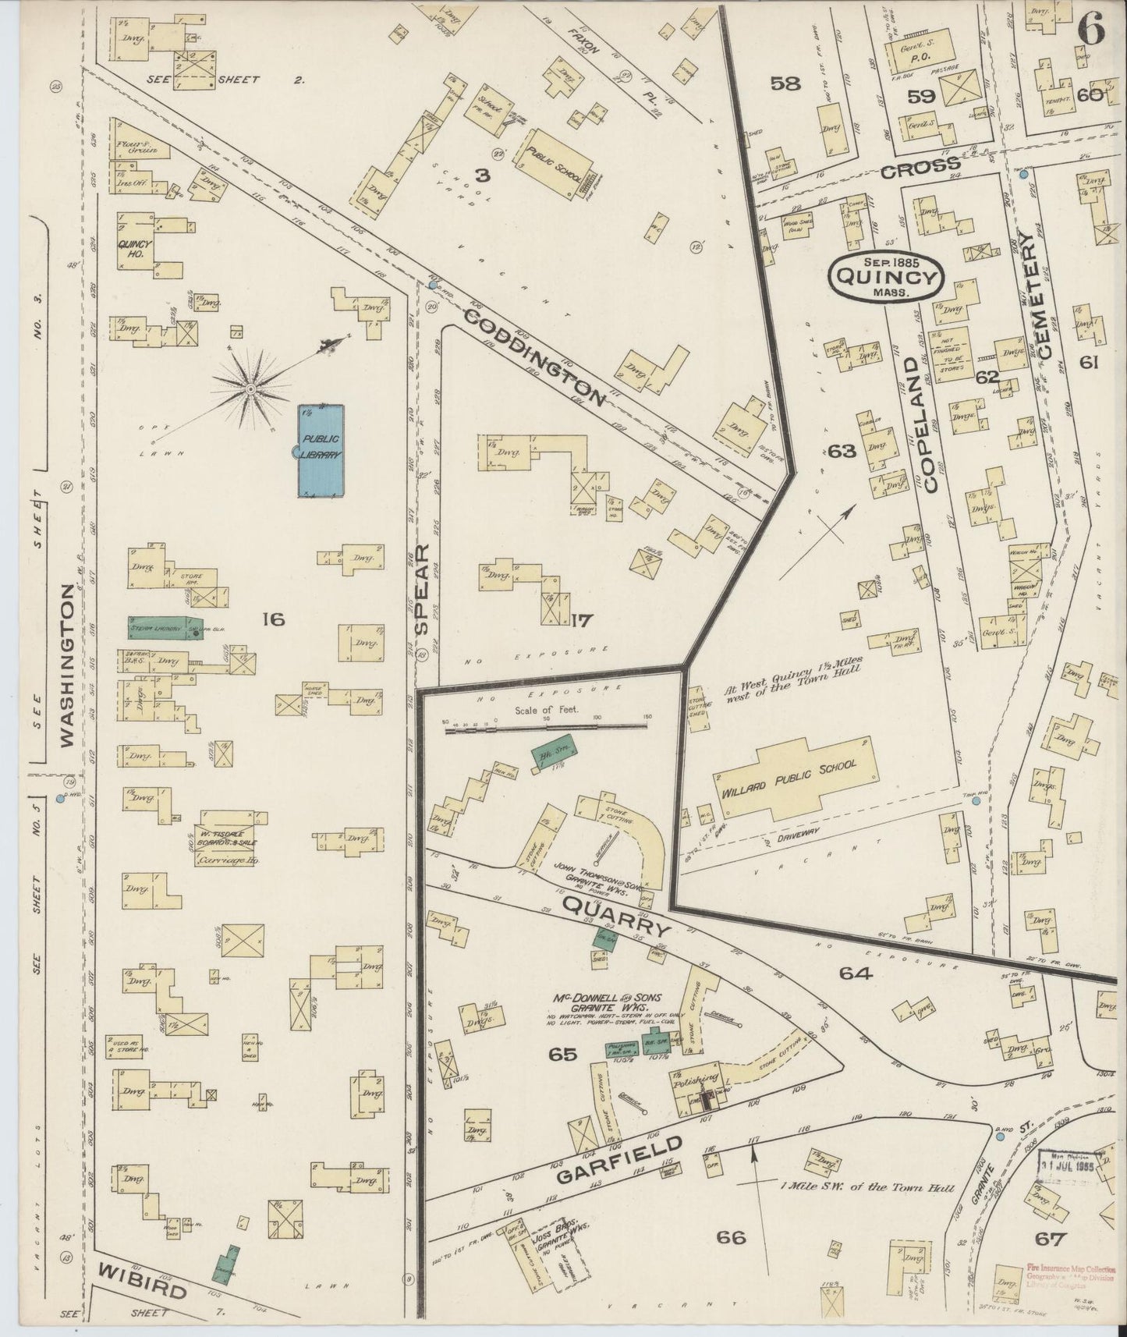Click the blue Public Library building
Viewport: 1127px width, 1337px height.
(x=321, y=450)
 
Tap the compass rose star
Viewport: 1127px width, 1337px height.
(x=251, y=388)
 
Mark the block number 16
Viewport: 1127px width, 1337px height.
(x=274, y=619)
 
